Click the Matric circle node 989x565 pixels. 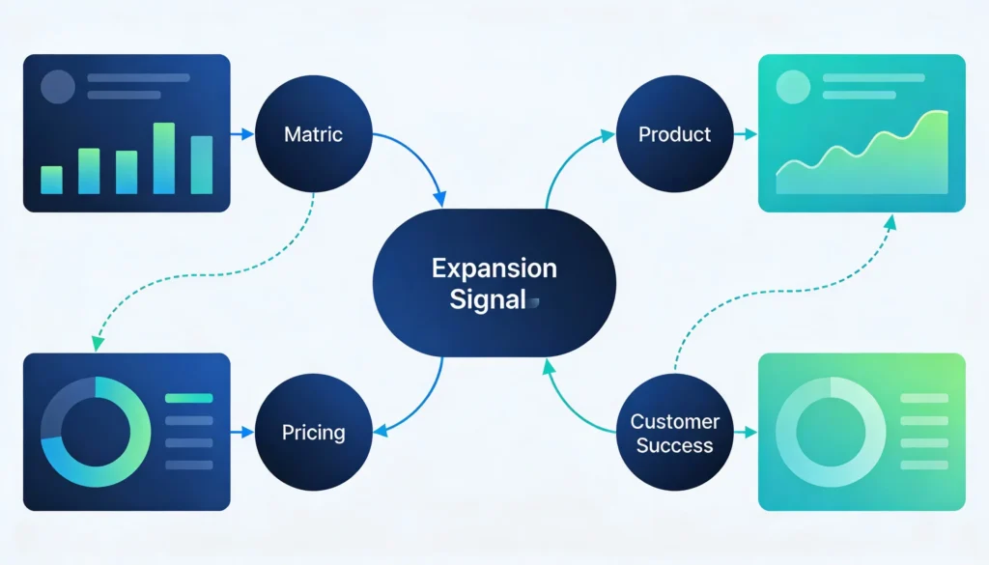click(x=314, y=134)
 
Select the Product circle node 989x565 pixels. click(x=674, y=134)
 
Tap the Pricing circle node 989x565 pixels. click(x=314, y=432)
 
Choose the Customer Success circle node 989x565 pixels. click(x=674, y=433)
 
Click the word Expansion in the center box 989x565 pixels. click(x=494, y=268)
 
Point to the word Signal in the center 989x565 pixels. click(x=488, y=299)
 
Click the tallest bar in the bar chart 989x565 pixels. click(x=164, y=158)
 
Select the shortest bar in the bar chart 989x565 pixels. click(x=51, y=180)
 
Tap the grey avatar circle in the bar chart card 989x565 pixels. click(x=58, y=87)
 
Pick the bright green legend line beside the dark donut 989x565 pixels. click(x=188, y=397)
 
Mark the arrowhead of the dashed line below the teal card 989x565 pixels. click(x=890, y=221)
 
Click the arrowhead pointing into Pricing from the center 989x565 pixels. click(x=378, y=431)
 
